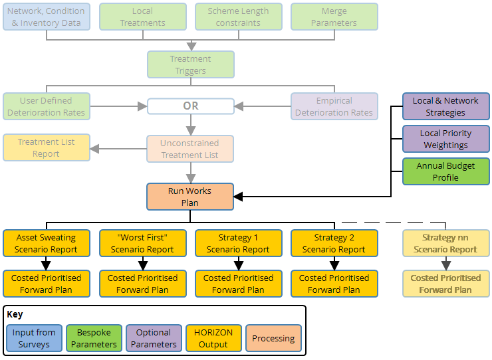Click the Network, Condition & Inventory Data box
coord(47,17)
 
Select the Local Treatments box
coord(142,17)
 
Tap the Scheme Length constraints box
coord(238,17)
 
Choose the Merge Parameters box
coord(334,17)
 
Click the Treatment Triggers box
coord(190,64)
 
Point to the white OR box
coord(190,106)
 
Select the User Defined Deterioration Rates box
coord(47,106)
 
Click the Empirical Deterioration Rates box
coord(334,106)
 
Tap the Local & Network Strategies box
coord(445,106)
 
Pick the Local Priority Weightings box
coord(445,139)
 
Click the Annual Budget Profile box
coord(445,171)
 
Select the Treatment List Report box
coord(47,147)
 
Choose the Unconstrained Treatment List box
coord(190,149)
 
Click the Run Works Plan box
coord(190,197)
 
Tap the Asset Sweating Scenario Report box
coord(47,243)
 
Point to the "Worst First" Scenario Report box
coord(142,243)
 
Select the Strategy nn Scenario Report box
coord(445,243)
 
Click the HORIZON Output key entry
coord(213,338)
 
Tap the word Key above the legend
coord(15,315)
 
